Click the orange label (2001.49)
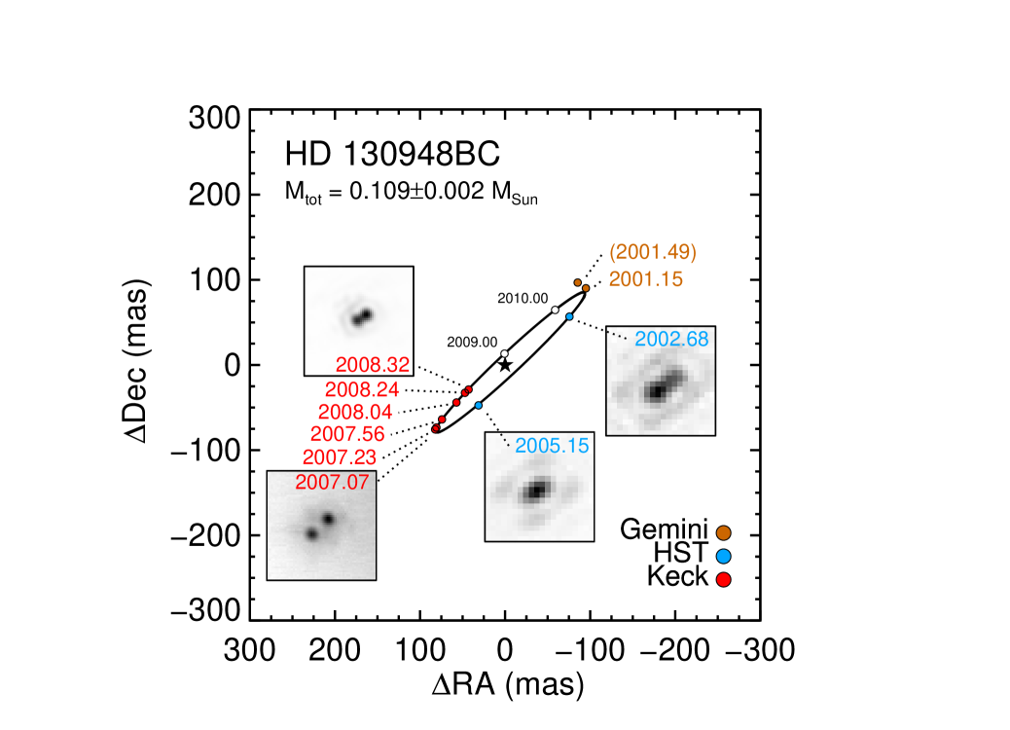coord(652,253)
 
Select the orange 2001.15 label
coord(645,279)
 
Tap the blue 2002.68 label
coord(671,340)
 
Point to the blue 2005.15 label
coord(552,446)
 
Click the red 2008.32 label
coord(373,365)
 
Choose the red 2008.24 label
coord(361,389)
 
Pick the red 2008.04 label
coord(355,412)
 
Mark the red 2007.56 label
coord(347,434)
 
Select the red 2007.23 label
coord(340,456)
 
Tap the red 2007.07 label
coord(332,482)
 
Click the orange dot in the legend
coord(723,532)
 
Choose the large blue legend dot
coord(723,557)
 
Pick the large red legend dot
coord(723,580)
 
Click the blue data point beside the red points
coord(479,405)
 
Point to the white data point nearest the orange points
coord(555,310)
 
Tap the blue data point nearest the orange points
coord(569,316)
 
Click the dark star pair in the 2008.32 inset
coord(363,316)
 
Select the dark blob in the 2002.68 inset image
coord(659,386)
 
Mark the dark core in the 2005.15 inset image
coord(535,491)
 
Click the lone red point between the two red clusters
coord(456,402)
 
